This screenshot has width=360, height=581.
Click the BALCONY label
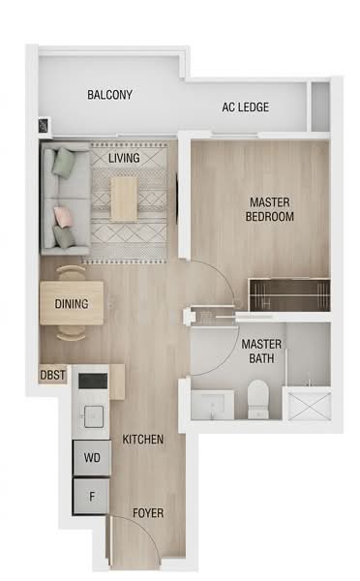click(x=109, y=95)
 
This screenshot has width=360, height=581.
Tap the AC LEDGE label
click(x=245, y=107)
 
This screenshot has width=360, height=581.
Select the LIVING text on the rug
click(x=124, y=158)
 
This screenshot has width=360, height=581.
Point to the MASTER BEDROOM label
click(x=270, y=209)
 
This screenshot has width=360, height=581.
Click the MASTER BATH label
click(x=261, y=352)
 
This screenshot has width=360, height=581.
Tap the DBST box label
click(x=52, y=375)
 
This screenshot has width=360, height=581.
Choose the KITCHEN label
click(x=143, y=440)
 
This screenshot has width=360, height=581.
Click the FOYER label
click(x=148, y=513)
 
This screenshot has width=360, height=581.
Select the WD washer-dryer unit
click(x=92, y=458)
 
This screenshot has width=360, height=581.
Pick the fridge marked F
click(x=92, y=497)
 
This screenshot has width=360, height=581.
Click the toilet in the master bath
click(x=258, y=399)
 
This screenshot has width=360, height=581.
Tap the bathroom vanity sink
click(x=213, y=404)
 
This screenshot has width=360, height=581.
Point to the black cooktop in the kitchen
click(x=93, y=381)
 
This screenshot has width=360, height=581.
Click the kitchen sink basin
click(x=94, y=416)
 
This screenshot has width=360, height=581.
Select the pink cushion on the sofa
click(x=60, y=216)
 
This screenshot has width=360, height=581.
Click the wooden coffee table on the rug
click(x=125, y=199)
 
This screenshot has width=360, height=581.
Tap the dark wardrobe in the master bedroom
click(x=289, y=295)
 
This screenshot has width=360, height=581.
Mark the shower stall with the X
click(x=310, y=406)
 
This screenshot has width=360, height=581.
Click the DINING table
click(x=72, y=303)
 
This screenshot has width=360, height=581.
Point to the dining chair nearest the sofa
click(x=71, y=272)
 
